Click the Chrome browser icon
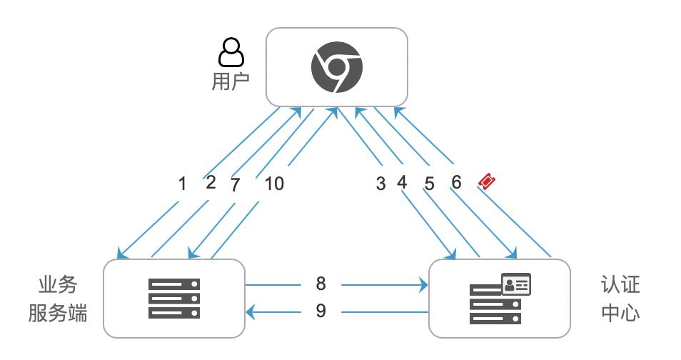tap(337, 67)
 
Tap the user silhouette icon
tap(231, 51)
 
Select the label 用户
tap(231, 81)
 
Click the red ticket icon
tap(488, 181)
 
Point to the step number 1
tap(183, 184)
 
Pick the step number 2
tap(211, 182)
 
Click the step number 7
tap(235, 185)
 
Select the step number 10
tap(275, 184)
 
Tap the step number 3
tap(381, 184)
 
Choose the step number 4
tap(402, 182)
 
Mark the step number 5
tap(430, 184)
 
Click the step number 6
tap(456, 182)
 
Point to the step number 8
tap(321, 284)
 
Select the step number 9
tap(321, 311)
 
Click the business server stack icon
tap(174, 299)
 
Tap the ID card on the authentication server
tap(516, 284)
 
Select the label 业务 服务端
tap(58, 299)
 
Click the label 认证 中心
tap(620, 299)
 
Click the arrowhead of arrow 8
tap(423, 285)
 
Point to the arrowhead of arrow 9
tap(251, 312)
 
